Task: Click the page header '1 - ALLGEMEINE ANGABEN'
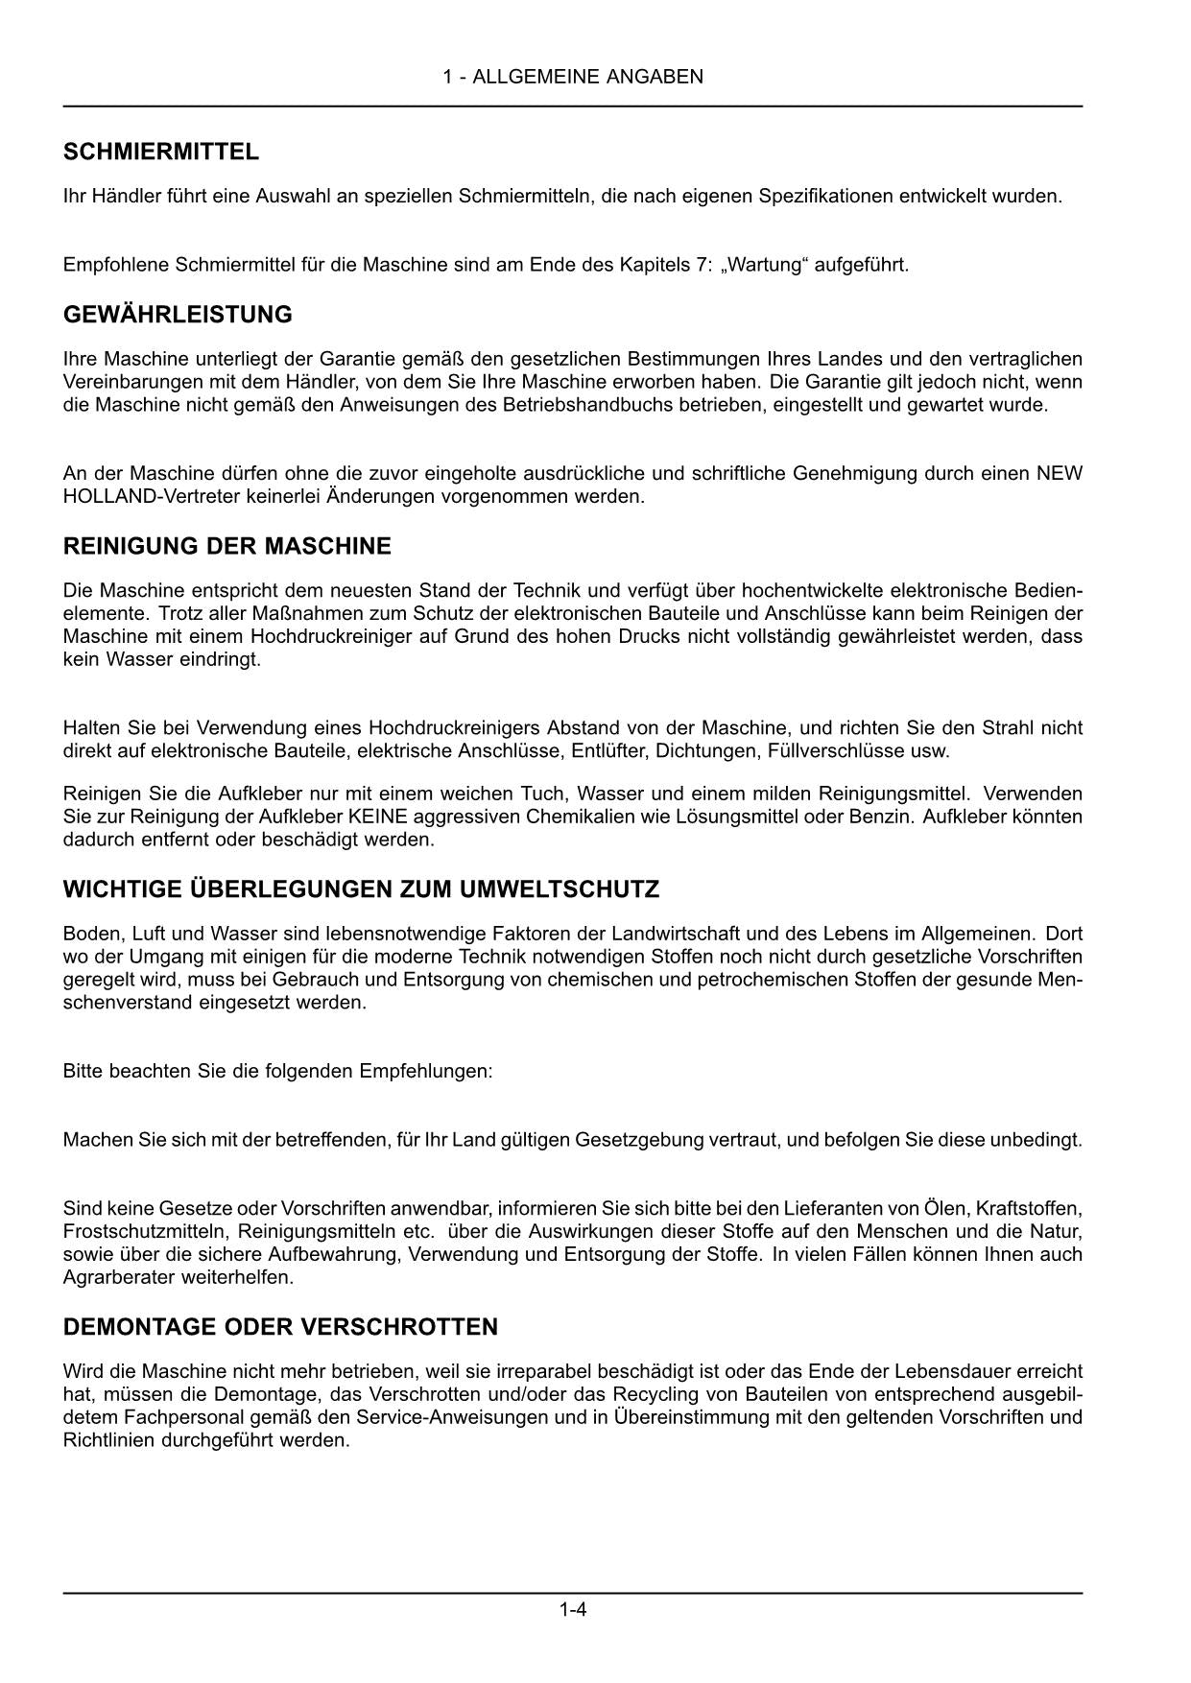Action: click(x=573, y=77)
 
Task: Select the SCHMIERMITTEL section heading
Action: click(x=160, y=152)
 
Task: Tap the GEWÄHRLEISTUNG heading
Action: click(x=178, y=315)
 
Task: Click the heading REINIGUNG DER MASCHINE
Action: click(x=226, y=547)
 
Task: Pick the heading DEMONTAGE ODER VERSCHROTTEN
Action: click(x=280, y=1328)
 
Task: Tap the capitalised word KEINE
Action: click(x=378, y=817)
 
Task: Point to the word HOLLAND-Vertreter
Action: click(x=140, y=497)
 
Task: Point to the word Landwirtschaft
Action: click(x=676, y=934)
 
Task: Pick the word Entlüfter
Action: click(x=608, y=751)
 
